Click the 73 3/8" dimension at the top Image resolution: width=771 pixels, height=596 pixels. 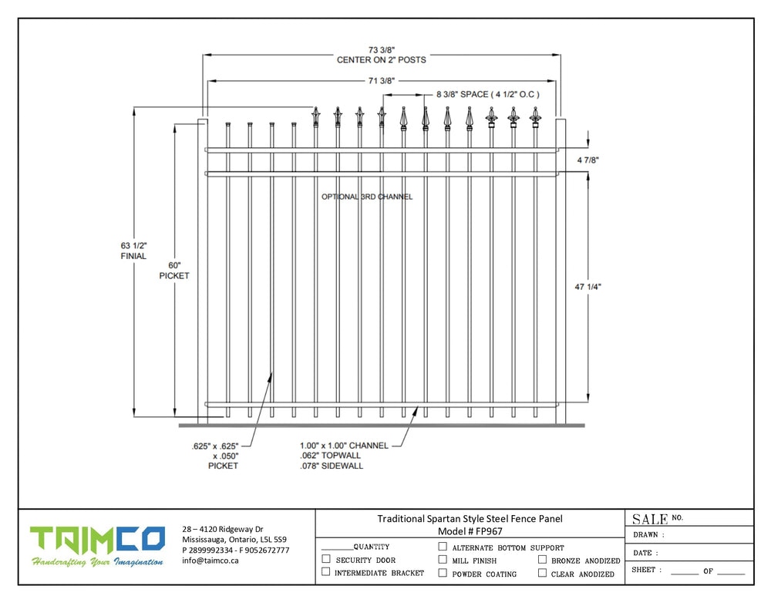pos(381,48)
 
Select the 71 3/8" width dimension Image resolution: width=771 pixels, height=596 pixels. pos(381,80)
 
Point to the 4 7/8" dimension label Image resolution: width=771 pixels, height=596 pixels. pos(588,160)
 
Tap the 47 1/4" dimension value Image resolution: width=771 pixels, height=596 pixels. pos(588,287)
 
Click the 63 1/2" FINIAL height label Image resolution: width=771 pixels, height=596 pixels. pos(133,250)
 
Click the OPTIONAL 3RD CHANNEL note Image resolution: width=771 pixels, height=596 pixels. pos(367,197)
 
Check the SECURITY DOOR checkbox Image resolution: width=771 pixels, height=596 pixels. pos(326,559)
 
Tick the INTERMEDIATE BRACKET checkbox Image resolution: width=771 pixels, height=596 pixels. pos(326,572)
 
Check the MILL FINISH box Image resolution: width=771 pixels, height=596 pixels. pos(443,560)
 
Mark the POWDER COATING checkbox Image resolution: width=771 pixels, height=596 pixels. pos(443,573)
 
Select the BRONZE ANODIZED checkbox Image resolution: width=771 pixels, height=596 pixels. pos(543,560)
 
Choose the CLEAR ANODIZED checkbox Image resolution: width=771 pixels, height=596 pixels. pos(543,573)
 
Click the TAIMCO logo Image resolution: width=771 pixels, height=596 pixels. pos(97,540)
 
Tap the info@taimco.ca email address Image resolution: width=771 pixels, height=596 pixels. pos(210,561)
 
